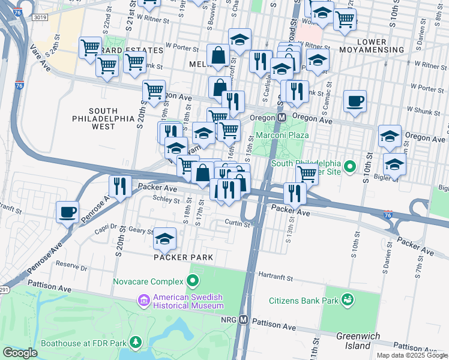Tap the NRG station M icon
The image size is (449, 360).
(243, 319)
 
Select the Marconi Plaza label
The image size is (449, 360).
(282, 135)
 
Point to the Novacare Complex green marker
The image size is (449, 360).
(193, 280)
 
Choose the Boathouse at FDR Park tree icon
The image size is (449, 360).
(136, 343)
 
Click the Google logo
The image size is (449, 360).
(20, 352)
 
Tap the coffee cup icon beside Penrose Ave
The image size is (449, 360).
(67, 211)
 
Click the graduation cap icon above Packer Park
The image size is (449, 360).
(164, 239)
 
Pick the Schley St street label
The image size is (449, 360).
(166, 198)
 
